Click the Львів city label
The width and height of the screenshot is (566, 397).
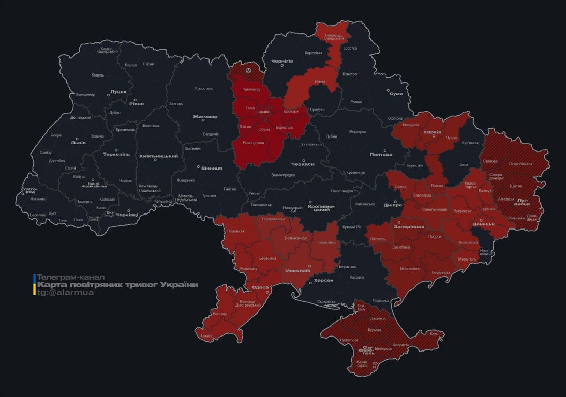tap(79, 143)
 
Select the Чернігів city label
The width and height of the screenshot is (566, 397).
tap(282, 61)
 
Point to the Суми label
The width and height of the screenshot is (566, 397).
tap(396, 94)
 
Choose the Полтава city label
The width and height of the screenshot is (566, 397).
tap(381, 155)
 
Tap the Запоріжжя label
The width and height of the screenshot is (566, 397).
tap(409, 227)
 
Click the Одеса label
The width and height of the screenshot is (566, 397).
tap(260, 288)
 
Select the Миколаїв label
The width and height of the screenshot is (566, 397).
tap(298, 270)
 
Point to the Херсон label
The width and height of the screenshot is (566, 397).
tap(324, 280)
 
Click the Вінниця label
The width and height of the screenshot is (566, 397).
tap(212, 169)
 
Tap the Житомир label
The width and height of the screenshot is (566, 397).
tap(205, 117)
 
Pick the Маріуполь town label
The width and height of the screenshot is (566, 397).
tap(467, 258)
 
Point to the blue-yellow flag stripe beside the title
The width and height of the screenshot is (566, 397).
tap(34, 284)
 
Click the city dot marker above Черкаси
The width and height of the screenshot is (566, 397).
tap(303, 160)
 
